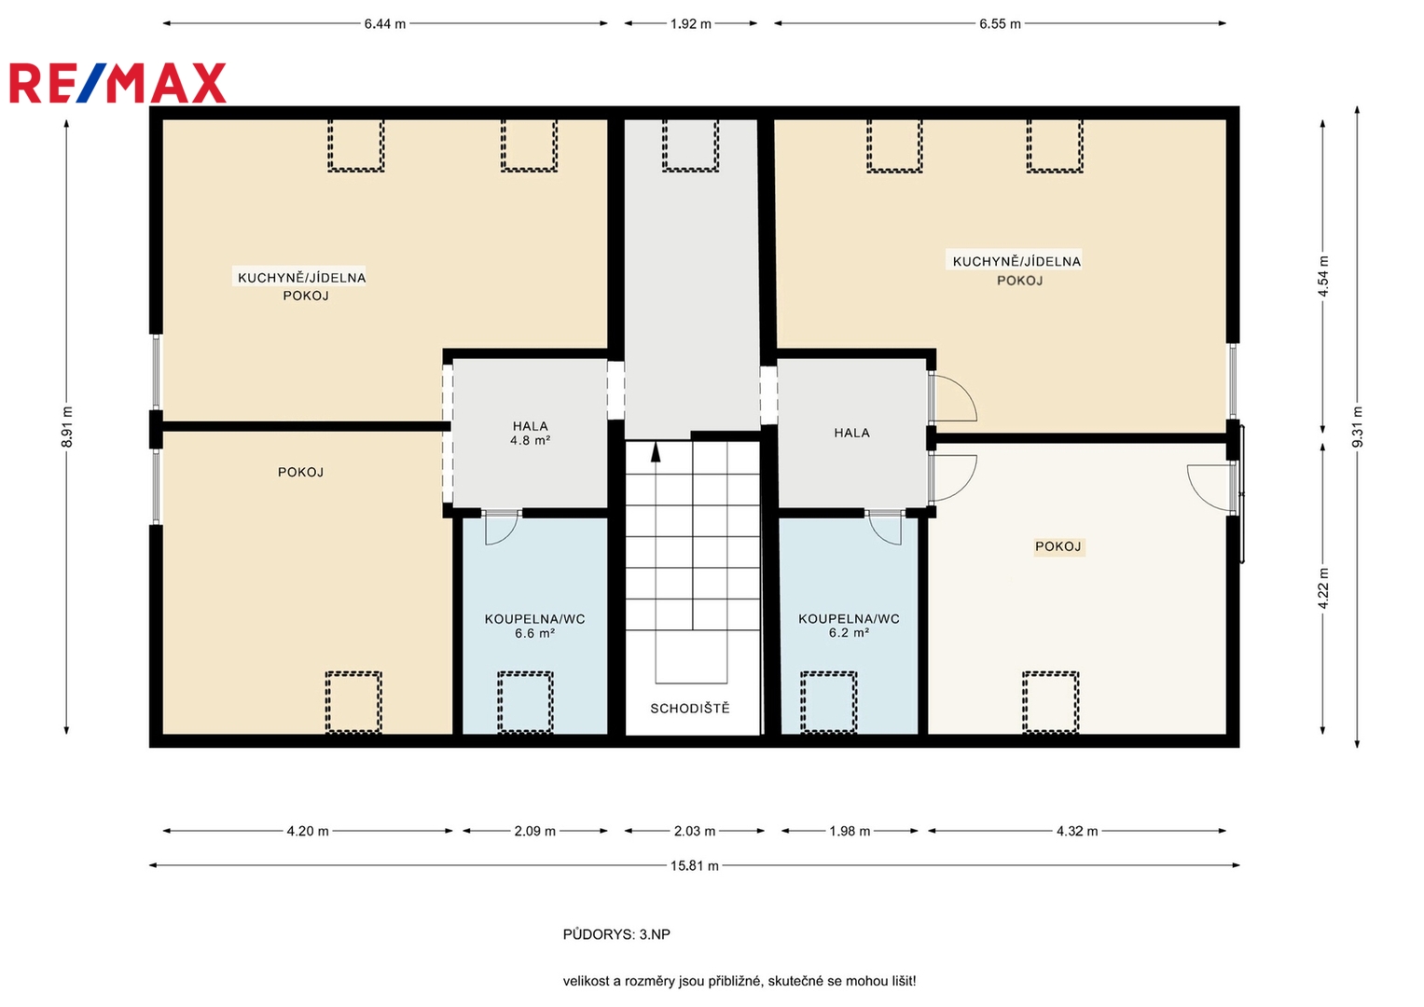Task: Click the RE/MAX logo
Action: tap(118, 83)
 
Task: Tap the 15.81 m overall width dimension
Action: tap(694, 865)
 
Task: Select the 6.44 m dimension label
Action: tap(384, 24)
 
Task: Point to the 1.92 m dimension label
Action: tap(690, 24)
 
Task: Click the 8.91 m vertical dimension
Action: tap(67, 427)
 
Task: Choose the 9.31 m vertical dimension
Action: tap(1357, 427)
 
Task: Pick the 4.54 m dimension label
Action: tap(1323, 277)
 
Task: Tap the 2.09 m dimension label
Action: tap(534, 831)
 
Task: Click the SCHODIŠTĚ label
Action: tap(690, 709)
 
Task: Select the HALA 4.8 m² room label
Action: tap(531, 433)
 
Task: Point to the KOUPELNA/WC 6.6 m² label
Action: tap(534, 626)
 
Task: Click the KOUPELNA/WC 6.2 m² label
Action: tap(849, 626)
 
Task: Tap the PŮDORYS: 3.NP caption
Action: tap(616, 934)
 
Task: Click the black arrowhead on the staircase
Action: tap(656, 452)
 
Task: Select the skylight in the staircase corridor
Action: tap(690, 145)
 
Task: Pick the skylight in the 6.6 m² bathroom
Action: tap(525, 702)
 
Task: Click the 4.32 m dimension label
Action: tap(1077, 831)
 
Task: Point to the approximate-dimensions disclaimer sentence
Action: tap(740, 981)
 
